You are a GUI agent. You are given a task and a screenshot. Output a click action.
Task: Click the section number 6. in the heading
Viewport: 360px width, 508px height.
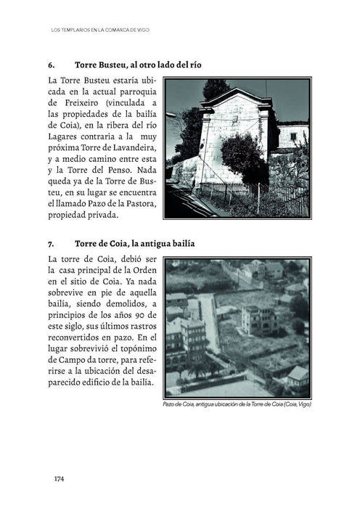(52, 65)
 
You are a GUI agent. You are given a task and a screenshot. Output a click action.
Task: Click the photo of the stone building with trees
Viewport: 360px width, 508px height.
(238, 149)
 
